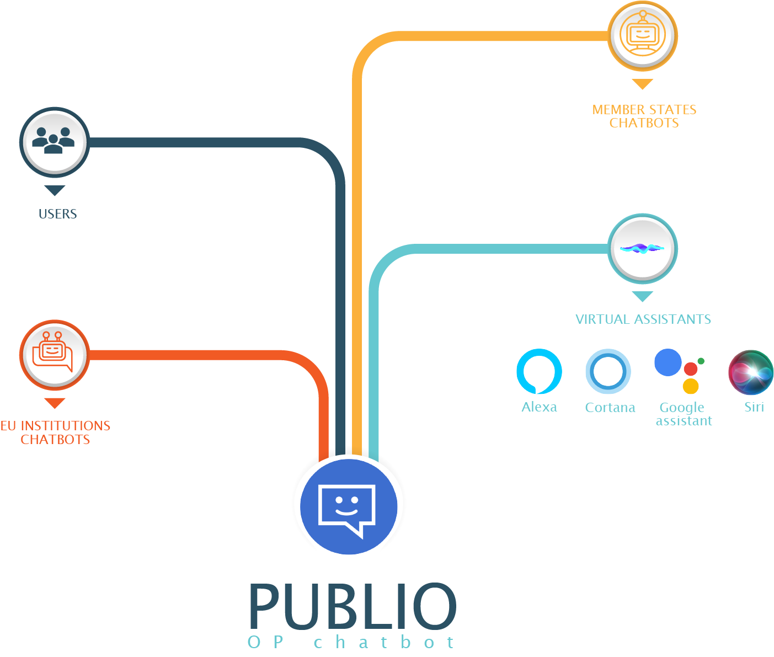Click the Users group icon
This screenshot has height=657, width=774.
[x=54, y=141]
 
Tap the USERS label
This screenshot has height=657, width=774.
[x=57, y=214]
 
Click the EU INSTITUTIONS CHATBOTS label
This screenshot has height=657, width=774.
[x=55, y=432]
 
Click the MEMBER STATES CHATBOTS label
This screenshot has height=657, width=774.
[x=644, y=116]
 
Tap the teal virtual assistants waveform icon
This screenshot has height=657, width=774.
[x=642, y=249]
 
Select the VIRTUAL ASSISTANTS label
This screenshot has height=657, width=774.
[x=643, y=319]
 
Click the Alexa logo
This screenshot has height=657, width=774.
[x=539, y=371]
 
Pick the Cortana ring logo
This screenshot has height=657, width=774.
[x=608, y=371]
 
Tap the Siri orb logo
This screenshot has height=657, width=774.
[x=751, y=372]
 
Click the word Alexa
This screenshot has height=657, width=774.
[x=539, y=407]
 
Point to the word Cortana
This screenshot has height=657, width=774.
[x=610, y=408]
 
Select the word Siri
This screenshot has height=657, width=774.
[x=754, y=407]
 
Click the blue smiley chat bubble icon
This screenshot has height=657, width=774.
[x=348, y=505]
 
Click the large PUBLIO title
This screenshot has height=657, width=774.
[x=353, y=606]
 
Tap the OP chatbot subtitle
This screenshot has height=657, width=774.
[x=351, y=642]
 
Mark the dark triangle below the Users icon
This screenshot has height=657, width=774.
[x=55, y=190]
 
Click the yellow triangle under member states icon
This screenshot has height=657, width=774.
[x=642, y=84]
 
